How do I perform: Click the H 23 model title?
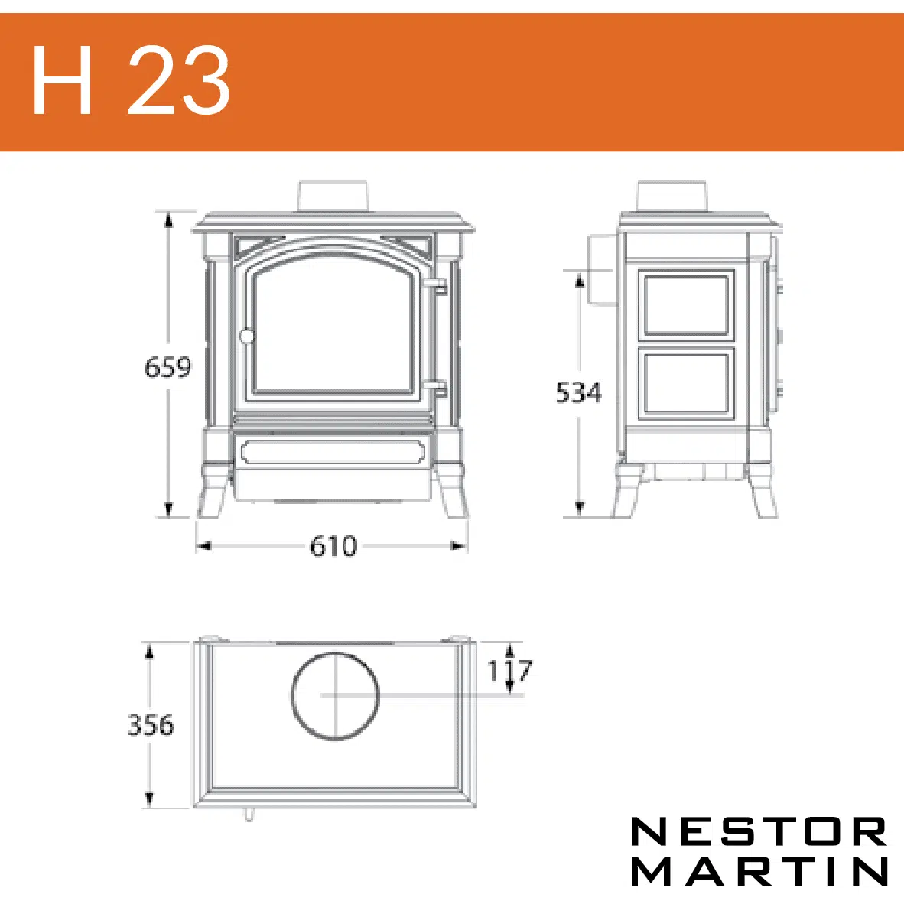[x=131, y=80]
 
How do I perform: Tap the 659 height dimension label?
[x=167, y=367]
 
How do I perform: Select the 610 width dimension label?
[x=333, y=546]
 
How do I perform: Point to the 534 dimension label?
[x=579, y=392]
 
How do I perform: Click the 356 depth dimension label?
[x=151, y=725]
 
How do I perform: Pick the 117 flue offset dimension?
[x=509, y=670]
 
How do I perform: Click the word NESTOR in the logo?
[x=759, y=831]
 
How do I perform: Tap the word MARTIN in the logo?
[x=759, y=870]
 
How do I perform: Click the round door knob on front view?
[x=247, y=336]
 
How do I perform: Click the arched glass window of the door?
[x=333, y=326]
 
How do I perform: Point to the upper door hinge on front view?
[x=438, y=286]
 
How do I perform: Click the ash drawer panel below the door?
[x=333, y=452]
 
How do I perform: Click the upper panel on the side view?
[x=686, y=304]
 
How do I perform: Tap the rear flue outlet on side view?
[x=600, y=270]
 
